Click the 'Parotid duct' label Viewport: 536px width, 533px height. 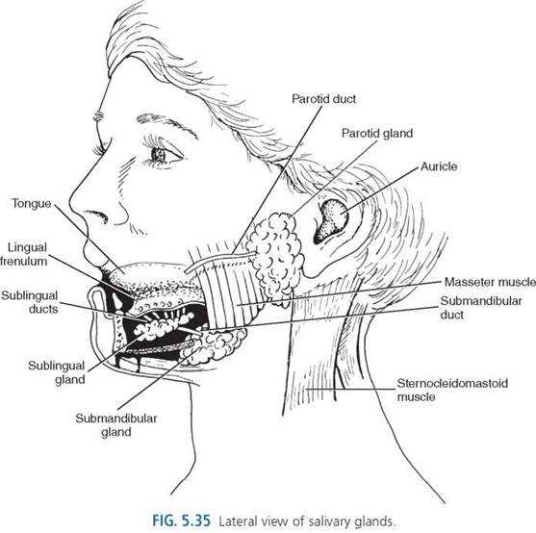pos(323,99)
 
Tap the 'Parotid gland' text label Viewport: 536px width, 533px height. pos(377,133)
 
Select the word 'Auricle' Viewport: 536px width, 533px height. pos(439,166)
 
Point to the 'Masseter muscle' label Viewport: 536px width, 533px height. pos(490,282)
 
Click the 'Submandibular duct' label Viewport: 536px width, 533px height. pos(481,308)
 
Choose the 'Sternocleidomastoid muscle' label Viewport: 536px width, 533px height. pos(452,390)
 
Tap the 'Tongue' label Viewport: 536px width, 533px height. pos(32,204)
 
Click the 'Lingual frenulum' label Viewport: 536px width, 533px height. pos(24,254)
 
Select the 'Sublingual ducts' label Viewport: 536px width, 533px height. pos(30,302)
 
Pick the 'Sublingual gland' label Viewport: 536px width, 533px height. pos(57,372)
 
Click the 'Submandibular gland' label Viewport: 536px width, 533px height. pos(116,425)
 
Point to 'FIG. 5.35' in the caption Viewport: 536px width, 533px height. pos(181,520)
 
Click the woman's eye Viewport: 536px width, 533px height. pos(161,155)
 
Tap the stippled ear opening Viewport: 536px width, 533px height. pos(330,220)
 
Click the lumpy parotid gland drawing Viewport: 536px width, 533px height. pos(275,255)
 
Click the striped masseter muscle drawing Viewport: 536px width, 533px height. pos(229,291)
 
